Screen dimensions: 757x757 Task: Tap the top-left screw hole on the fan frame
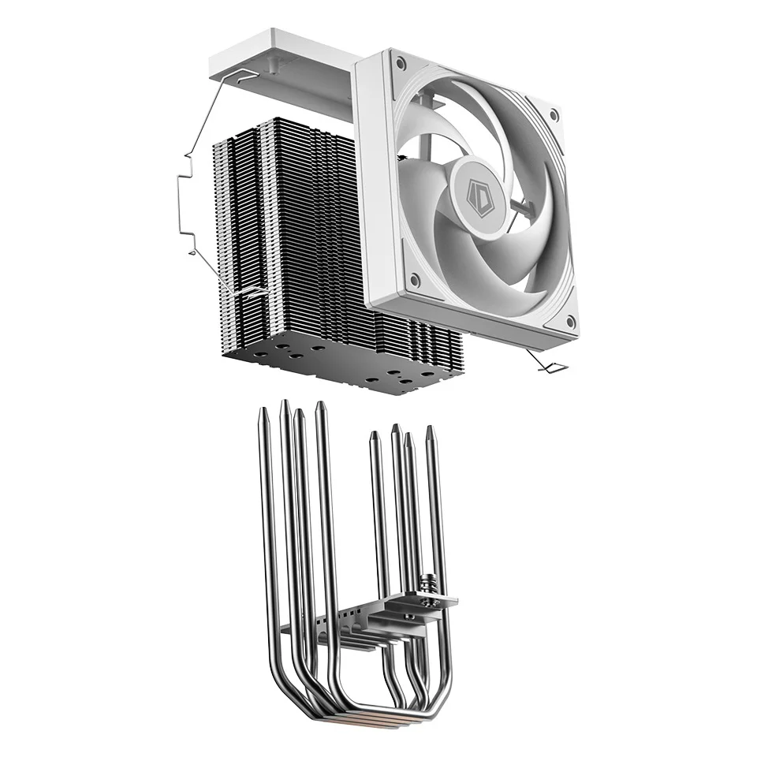(x=401, y=63)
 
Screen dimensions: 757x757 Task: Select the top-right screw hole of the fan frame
(x=554, y=115)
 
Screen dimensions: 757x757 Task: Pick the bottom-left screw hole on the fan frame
(x=416, y=279)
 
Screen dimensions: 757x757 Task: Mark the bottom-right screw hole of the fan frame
(x=568, y=323)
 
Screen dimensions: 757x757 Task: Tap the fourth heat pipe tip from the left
(x=320, y=406)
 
